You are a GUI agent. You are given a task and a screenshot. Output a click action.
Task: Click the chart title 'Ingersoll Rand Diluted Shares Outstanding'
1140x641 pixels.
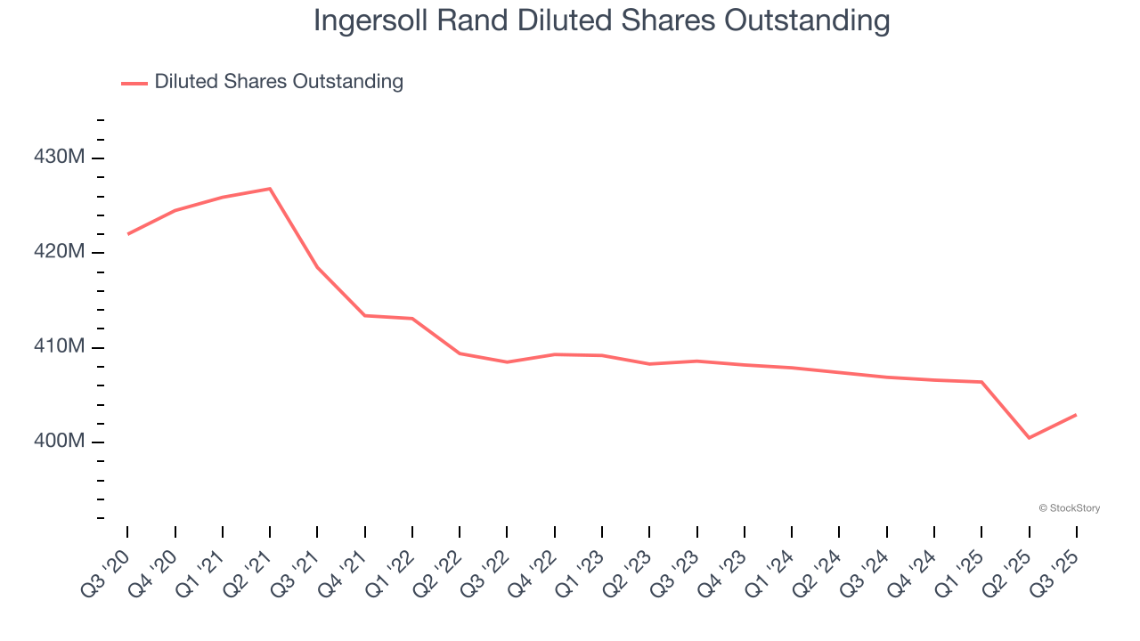click(601, 20)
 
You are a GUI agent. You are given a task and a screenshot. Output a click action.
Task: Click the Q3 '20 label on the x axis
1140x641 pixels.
click(106, 569)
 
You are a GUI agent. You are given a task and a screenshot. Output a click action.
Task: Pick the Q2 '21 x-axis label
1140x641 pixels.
click(248, 569)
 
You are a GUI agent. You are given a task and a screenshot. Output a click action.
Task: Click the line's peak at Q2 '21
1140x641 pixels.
click(270, 189)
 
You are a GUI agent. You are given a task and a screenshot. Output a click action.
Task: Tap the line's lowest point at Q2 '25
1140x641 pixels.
click(1029, 438)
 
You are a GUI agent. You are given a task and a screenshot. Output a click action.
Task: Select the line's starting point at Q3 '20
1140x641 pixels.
click(127, 234)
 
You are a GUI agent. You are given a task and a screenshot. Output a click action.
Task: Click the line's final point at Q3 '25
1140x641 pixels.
click(1076, 415)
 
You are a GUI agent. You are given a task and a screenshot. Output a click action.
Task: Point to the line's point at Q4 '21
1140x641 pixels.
click(365, 315)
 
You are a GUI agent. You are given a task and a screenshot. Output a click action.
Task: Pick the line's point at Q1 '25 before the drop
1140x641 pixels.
click(981, 382)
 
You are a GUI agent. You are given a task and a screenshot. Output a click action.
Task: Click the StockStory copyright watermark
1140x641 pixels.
click(1069, 508)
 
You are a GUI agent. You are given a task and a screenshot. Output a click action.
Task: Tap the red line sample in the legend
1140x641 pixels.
click(134, 83)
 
